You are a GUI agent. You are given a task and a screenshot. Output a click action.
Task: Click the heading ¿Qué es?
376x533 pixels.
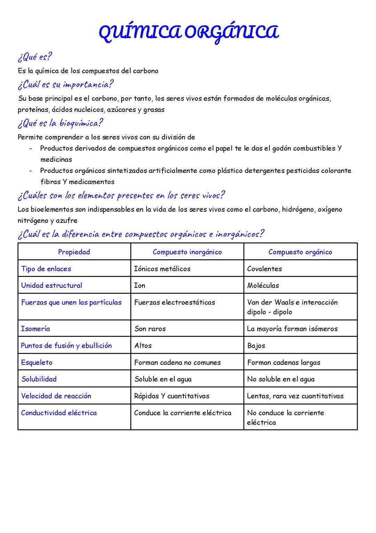[x=35, y=57]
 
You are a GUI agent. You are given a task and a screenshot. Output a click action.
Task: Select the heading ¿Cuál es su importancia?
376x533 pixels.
[x=65, y=84]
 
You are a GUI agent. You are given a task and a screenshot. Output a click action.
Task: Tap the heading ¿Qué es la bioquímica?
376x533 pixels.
[x=60, y=123]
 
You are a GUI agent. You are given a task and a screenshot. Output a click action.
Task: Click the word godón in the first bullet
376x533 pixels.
[x=281, y=148]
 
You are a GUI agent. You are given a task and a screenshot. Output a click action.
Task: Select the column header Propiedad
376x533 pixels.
[x=74, y=252]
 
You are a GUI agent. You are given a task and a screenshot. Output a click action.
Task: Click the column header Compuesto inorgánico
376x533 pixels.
[x=187, y=252]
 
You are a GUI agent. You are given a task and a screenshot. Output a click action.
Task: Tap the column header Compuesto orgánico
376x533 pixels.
[x=300, y=252]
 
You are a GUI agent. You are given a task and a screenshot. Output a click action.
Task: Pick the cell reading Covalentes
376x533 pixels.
[x=265, y=269]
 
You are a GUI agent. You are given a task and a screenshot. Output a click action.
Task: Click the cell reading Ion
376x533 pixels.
[x=140, y=285]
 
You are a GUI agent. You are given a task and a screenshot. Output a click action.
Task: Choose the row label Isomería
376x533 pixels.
[x=36, y=329]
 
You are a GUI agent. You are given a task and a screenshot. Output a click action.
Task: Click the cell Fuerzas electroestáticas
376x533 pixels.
[x=175, y=302]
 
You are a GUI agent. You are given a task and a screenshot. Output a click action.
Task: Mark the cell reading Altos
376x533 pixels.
[x=143, y=346]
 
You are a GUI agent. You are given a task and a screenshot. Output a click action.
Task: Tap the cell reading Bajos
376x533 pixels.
[x=256, y=346]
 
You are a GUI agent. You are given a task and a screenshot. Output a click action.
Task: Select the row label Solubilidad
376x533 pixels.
[x=39, y=379]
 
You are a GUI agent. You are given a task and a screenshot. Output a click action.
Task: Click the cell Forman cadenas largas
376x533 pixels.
[x=284, y=362]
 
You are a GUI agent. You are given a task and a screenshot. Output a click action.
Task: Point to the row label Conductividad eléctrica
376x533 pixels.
[x=59, y=413]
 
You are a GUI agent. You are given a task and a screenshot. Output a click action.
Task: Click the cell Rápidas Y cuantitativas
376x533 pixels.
[x=172, y=396]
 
